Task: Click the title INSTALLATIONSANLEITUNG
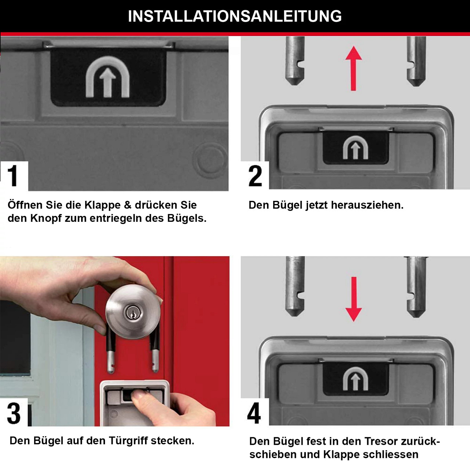[235, 17]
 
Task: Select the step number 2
[255, 176]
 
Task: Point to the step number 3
[14, 413]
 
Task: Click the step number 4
[254, 413]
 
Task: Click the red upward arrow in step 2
[354, 68]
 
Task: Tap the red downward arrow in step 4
[354, 299]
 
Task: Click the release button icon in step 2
[355, 148]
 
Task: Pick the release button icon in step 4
[355, 379]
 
